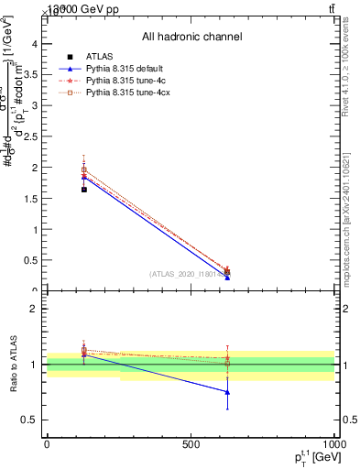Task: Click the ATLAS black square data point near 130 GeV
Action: [x=84, y=190]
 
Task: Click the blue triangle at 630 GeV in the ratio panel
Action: [x=227, y=392]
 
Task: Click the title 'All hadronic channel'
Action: [x=191, y=37]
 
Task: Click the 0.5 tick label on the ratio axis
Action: [x=30, y=420]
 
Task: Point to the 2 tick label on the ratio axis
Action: [x=35, y=309]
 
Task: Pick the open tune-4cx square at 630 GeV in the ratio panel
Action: [x=227, y=362]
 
